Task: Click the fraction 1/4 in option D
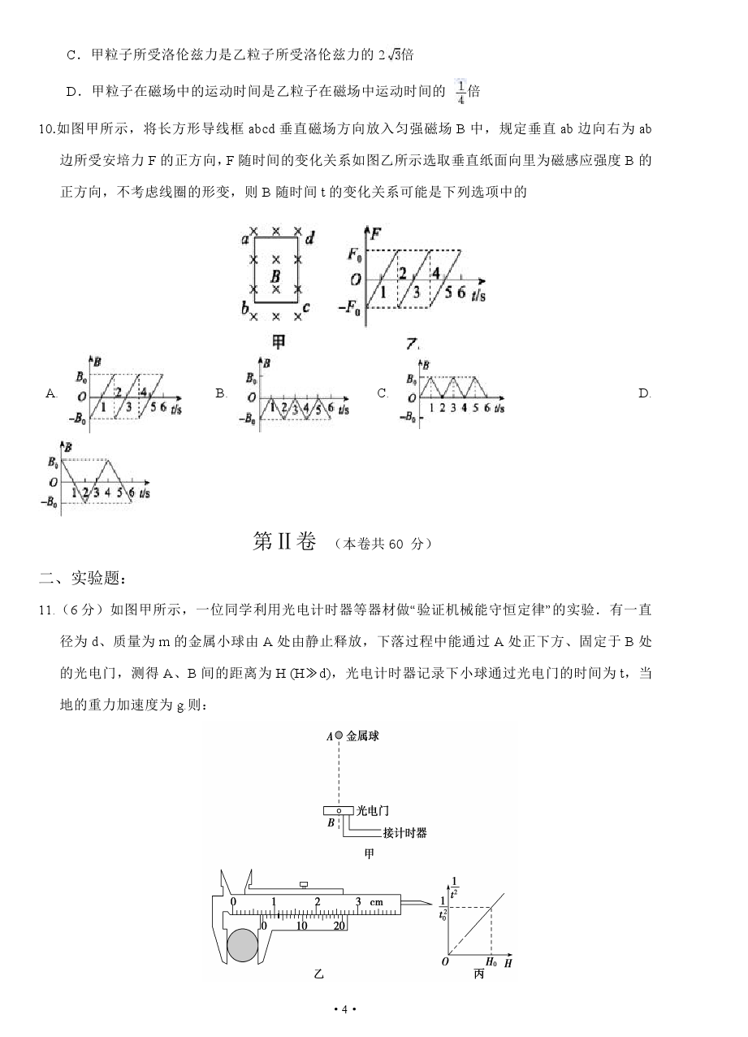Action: [x=460, y=92]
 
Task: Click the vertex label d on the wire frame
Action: [x=310, y=238]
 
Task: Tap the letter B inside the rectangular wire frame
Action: [x=276, y=276]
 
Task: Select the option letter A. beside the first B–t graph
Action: [x=51, y=393]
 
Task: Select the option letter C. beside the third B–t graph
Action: [x=383, y=393]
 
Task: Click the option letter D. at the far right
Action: [x=645, y=393]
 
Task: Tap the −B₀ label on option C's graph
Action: [x=408, y=418]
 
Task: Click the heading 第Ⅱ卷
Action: [x=283, y=543]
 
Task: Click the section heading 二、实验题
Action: [x=82, y=578]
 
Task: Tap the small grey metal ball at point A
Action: [x=339, y=735]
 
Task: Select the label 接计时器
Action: [x=404, y=832]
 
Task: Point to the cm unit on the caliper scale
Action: [x=376, y=902]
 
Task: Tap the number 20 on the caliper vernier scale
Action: [x=339, y=925]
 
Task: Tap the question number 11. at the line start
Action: [x=46, y=610]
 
